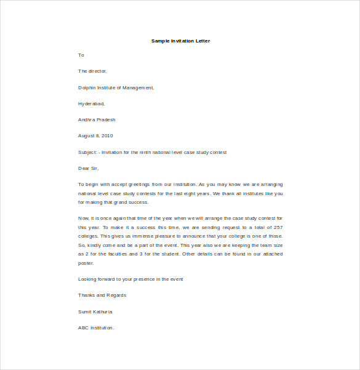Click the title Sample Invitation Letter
(x=180, y=41)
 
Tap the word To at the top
(x=81, y=55)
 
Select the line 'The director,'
(x=92, y=71)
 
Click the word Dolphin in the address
(x=87, y=87)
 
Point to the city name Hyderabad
(x=91, y=103)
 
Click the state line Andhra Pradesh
(x=97, y=119)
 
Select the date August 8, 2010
(x=95, y=135)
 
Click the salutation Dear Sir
(x=88, y=168)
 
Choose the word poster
(x=86, y=263)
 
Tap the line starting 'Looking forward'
(x=130, y=280)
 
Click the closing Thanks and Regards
(x=102, y=296)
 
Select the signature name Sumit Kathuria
(x=95, y=312)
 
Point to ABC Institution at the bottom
(x=96, y=328)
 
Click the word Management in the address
(x=138, y=87)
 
